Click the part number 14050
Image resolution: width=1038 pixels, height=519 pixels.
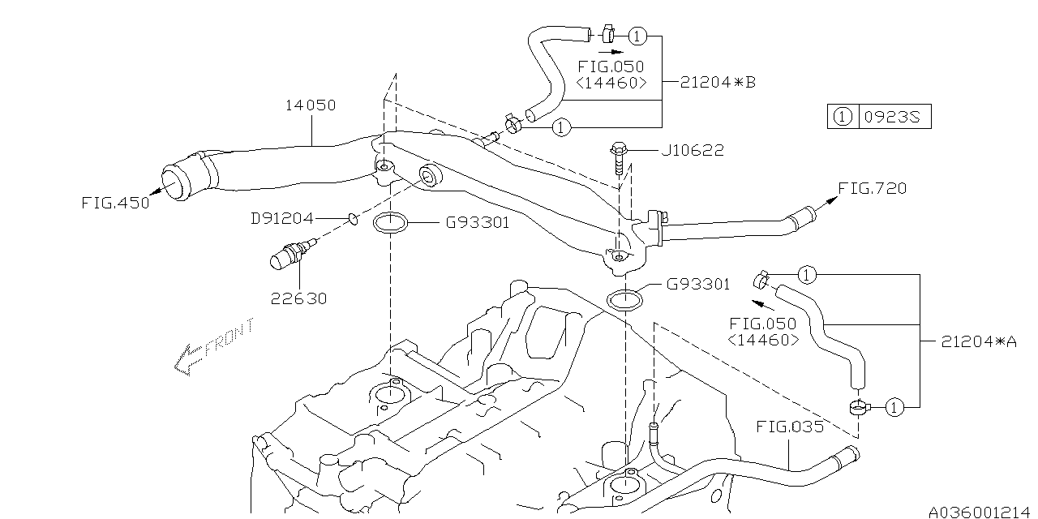pyautogui.click(x=310, y=105)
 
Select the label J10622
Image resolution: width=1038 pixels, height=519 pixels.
pyautogui.click(x=693, y=151)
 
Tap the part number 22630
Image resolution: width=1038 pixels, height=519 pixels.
pyautogui.click(x=299, y=298)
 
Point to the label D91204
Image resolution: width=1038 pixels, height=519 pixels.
pyautogui.click(x=281, y=217)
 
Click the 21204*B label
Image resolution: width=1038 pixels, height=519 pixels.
pyautogui.click(x=718, y=82)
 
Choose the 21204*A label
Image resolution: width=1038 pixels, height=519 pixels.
pyautogui.click(x=979, y=341)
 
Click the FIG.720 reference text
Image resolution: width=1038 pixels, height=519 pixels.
pyautogui.click(x=872, y=188)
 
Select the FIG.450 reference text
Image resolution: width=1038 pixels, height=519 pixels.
pyautogui.click(x=115, y=203)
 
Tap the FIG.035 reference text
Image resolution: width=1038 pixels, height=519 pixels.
pyautogui.click(x=789, y=426)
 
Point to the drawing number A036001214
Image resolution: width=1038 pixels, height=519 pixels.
pyautogui.click(x=981, y=512)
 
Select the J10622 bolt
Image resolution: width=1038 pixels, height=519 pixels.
pyautogui.click(x=616, y=161)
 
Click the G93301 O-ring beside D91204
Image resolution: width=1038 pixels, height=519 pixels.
pyautogui.click(x=389, y=223)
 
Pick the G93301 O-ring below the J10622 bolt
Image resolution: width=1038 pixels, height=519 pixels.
pyautogui.click(x=624, y=299)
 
